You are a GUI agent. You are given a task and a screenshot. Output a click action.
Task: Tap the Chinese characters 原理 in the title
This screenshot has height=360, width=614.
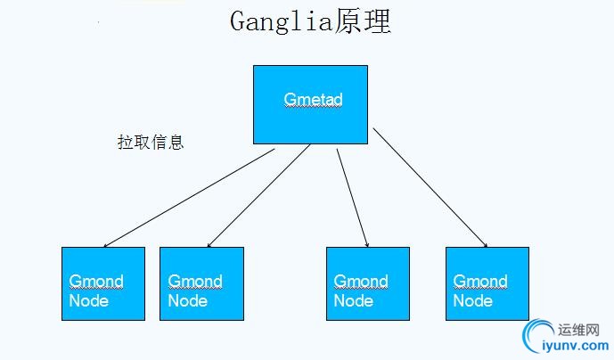364,22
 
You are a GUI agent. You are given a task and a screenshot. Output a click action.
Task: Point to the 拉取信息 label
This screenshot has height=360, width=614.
151,142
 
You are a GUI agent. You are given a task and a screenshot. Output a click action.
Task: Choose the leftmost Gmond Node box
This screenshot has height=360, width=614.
102,283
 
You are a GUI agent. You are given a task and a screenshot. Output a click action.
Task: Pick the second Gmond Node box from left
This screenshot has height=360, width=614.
201,283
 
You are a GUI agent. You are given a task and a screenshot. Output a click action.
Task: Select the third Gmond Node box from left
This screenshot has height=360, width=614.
368,283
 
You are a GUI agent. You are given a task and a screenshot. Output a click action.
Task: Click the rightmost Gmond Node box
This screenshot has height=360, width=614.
487,283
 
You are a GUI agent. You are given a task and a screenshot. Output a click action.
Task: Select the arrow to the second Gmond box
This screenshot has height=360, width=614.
258,196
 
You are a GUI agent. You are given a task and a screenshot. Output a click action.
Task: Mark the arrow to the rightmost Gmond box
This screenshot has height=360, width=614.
430,188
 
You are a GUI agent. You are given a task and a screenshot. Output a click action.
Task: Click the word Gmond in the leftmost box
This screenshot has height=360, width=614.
96,282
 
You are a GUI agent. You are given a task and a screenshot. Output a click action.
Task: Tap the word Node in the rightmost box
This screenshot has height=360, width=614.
472,301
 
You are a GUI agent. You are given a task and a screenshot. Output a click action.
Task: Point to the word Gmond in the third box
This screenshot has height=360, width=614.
360,282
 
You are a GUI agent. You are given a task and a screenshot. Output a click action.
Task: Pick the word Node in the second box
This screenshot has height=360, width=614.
187,301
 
